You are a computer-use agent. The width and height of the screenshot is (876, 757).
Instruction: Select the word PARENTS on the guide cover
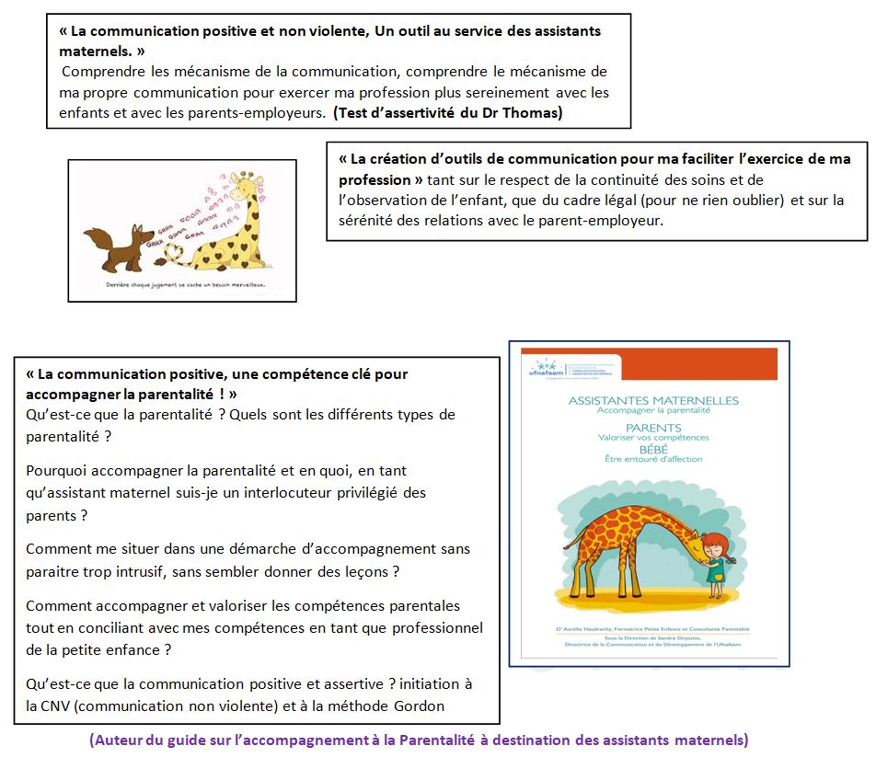point(652,428)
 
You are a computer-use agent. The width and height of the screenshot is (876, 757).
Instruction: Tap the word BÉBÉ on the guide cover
point(652,449)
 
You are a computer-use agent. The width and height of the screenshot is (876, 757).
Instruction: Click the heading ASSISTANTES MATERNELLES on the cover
point(653,400)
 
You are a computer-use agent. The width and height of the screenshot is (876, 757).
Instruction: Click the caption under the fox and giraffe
point(184,286)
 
